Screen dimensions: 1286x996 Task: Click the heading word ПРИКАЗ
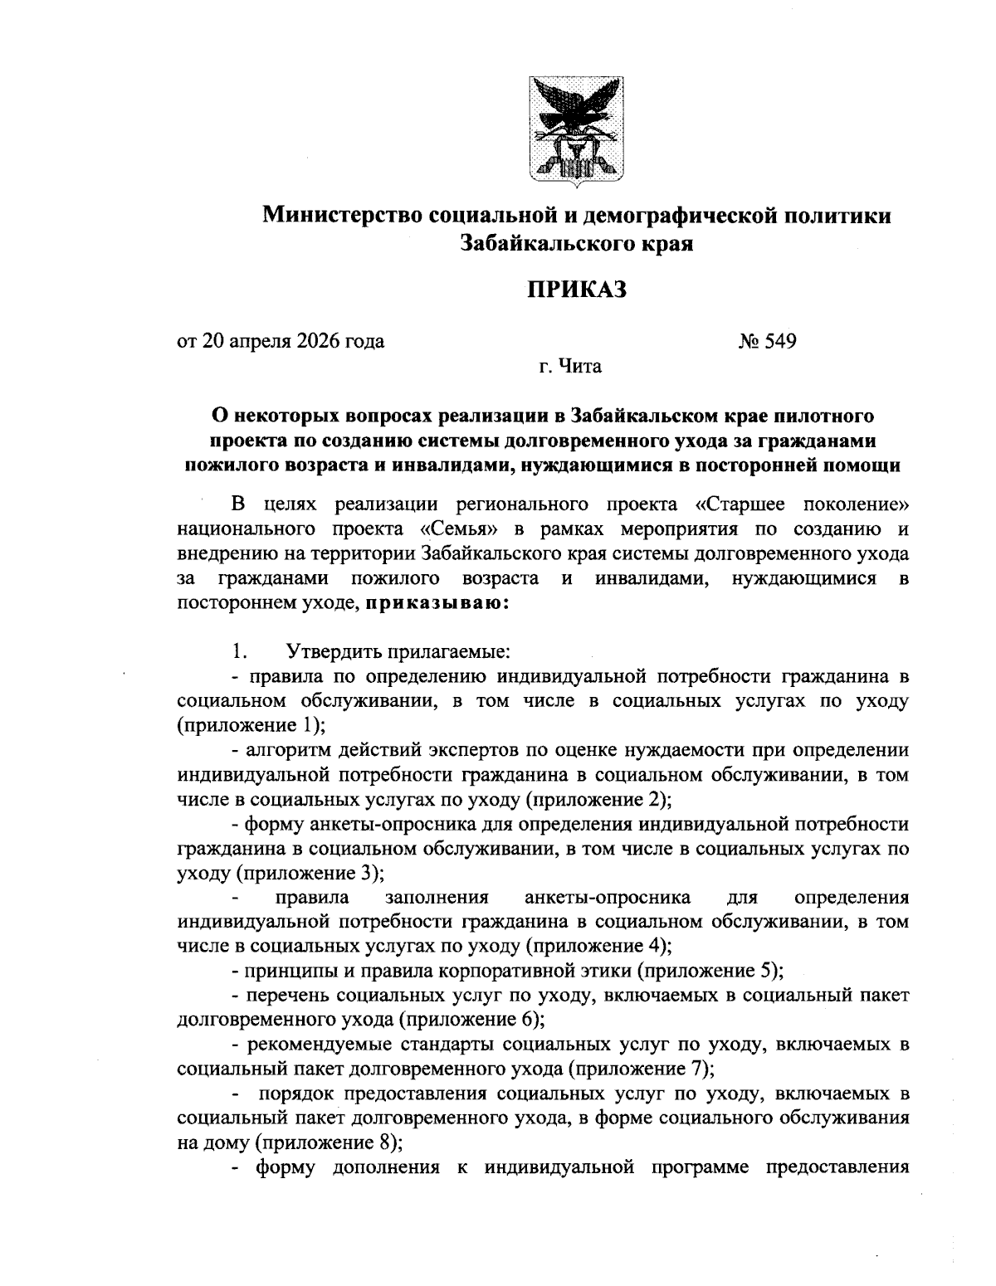(577, 290)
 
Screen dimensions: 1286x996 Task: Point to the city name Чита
(580, 366)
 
